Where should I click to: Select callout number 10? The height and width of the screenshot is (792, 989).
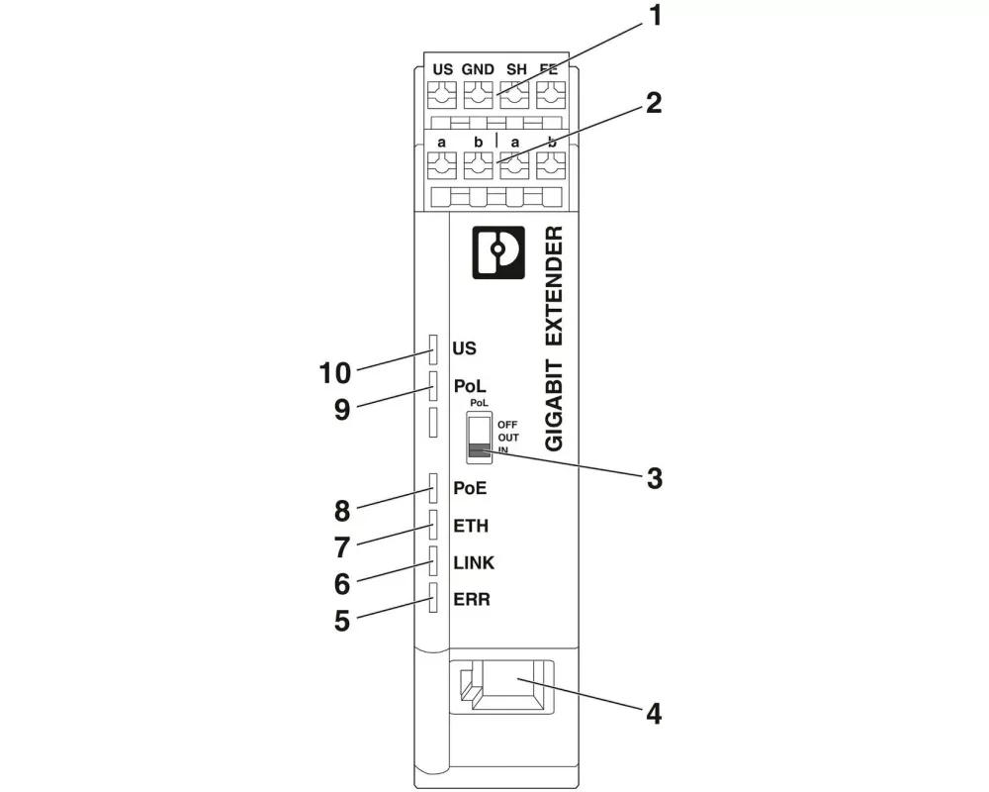[x=336, y=373]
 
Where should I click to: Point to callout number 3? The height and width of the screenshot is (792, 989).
[x=654, y=477]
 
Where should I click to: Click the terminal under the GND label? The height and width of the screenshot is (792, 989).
[x=478, y=97]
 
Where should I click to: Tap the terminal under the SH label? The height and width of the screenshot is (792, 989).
[x=513, y=97]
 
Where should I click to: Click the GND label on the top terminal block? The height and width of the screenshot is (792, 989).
[x=478, y=69]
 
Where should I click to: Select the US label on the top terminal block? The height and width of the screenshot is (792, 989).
[x=443, y=69]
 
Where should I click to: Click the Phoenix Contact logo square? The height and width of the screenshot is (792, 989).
[x=498, y=253]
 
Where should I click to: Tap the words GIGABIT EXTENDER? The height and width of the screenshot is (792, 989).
[x=555, y=339]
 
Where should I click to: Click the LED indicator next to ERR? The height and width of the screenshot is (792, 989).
[x=433, y=599]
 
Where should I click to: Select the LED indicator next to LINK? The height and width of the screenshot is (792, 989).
[x=433, y=562]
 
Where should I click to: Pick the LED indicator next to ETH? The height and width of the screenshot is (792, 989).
[x=433, y=525]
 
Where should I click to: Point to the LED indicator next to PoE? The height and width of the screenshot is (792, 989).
[x=433, y=487]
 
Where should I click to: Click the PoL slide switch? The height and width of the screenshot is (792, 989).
[x=479, y=438]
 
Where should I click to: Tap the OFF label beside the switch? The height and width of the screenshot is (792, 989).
[x=507, y=424]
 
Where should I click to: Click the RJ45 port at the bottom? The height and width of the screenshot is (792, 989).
[x=500, y=686]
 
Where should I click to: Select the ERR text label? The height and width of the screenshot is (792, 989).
[x=472, y=600]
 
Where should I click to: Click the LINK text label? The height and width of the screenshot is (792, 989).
[x=474, y=562]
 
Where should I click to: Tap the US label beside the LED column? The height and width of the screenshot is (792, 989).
[x=464, y=348]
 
